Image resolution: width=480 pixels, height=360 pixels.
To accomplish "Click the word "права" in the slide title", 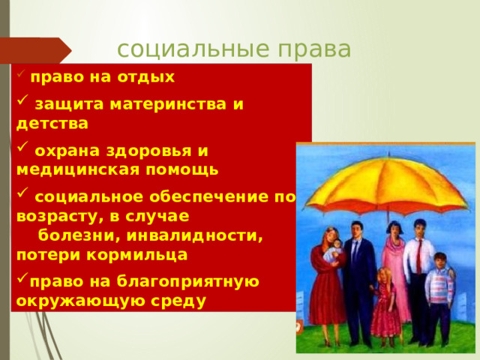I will tap(316, 49).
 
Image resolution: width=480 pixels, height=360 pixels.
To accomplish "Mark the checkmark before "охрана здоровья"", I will tap(22, 150).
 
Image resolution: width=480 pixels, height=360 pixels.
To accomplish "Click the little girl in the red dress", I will tap(386, 307).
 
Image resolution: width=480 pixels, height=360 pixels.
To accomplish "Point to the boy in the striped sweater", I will tap(439, 289).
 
